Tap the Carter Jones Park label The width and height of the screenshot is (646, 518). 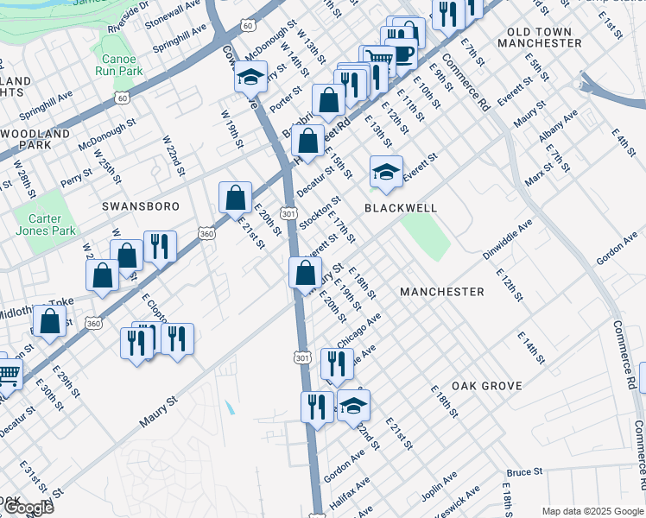click(x=44, y=225)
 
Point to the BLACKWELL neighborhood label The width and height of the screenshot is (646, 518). click(x=400, y=208)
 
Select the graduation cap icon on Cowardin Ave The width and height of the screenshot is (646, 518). click(x=250, y=78)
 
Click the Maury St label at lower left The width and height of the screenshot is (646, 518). click(x=159, y=414)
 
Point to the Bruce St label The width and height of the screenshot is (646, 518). click(x=523, y=472)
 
